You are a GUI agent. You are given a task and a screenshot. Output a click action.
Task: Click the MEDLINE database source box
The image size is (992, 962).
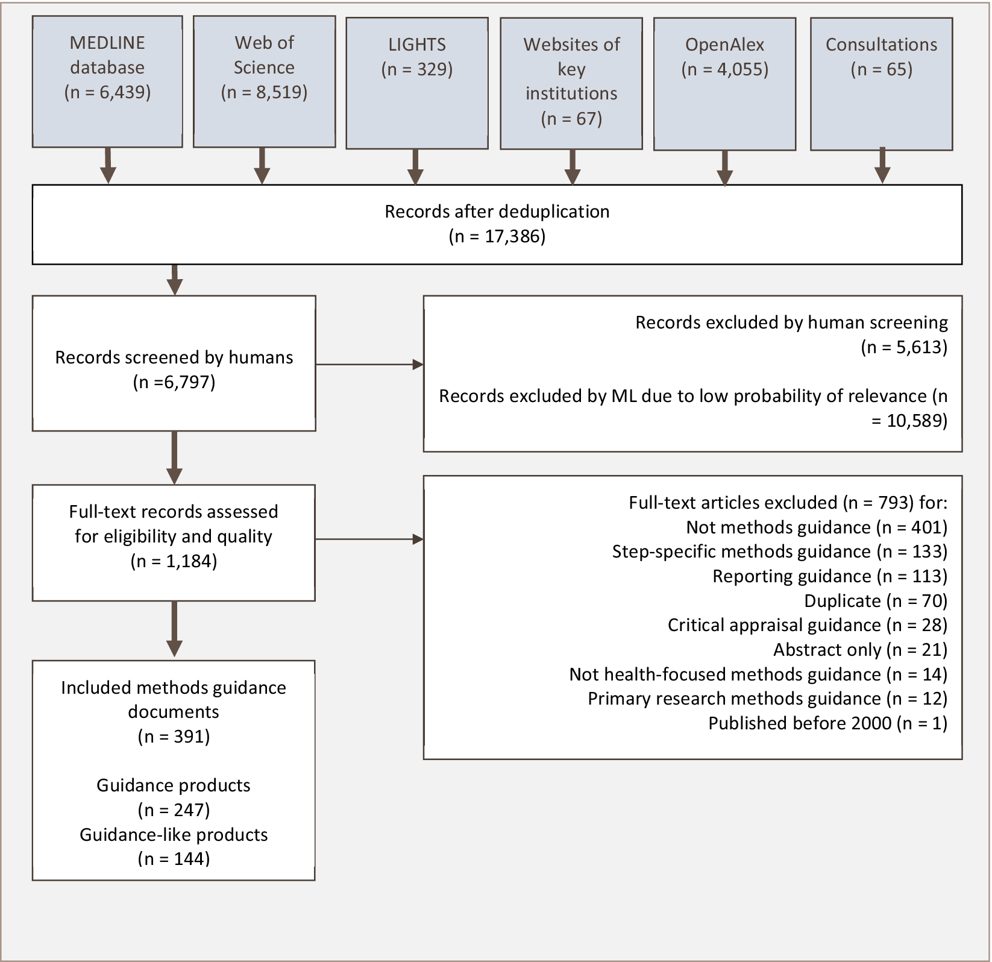tap(107, 81)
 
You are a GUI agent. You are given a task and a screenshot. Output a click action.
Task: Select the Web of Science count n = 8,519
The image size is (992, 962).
tap(264, 92)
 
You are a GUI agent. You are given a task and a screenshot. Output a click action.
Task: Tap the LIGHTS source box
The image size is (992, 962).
tap(416, 83)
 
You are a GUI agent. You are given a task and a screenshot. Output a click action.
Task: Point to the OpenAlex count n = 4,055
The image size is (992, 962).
tap(724, 69)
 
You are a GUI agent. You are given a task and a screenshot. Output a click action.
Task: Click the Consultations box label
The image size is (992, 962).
tap(881, 45)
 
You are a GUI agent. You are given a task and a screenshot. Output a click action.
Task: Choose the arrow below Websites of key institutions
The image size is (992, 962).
tap(572, 167)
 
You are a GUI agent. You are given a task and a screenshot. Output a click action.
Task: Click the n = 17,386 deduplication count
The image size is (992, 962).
tap(497, 236)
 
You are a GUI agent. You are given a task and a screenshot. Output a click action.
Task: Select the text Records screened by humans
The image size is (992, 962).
tap(174, 357)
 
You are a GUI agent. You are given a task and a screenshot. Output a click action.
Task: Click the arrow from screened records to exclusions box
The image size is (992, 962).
tap(369, 364)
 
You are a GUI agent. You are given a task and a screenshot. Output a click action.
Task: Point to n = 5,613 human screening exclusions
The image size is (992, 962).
tap(904, 347)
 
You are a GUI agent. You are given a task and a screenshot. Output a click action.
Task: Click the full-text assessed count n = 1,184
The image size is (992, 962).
tap(174, 561)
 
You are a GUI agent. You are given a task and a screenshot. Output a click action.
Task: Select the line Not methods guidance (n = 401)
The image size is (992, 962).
tap(816, 527)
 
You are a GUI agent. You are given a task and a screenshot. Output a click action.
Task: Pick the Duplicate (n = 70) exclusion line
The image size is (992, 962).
tap(875, 601)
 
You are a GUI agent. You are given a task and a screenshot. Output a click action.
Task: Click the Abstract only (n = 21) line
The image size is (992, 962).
tap(860, 650)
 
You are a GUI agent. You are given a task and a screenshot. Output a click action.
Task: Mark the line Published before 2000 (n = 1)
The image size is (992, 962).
tap(827, 723)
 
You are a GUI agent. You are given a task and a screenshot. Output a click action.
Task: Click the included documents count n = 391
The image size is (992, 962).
tap(174, 737)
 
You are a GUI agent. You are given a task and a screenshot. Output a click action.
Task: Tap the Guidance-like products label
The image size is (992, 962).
tap(174, 835)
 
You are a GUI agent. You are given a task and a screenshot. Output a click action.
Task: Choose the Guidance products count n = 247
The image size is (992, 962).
tap(174, 810)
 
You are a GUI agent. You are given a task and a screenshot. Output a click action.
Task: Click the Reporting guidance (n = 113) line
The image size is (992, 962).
tap(829, 576)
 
